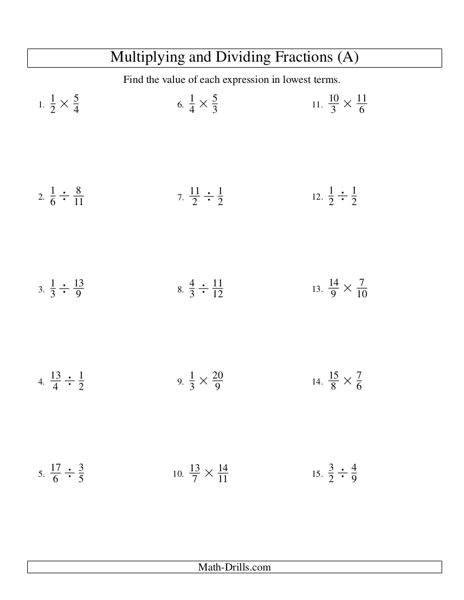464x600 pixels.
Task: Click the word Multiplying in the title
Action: (144, 57)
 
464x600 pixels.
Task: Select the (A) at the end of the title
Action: (348, 57)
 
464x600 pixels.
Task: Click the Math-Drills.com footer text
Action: (234, 567)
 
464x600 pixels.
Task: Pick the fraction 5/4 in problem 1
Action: (76, 104)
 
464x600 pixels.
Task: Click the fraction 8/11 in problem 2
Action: (78, 196)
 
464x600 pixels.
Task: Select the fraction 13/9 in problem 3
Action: (78, 289)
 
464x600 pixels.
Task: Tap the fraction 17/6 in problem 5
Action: (56, 473)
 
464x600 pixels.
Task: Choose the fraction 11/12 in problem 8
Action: (217, 289)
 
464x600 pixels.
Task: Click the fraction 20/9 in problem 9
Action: (217, 381)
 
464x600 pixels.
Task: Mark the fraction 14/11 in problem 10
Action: (222, 473)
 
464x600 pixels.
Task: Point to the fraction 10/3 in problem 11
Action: (334, 104)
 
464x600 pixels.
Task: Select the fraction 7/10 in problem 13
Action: (362, 289)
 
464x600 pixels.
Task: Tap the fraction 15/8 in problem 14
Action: (334, 381)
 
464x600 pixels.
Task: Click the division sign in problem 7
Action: (208, 196)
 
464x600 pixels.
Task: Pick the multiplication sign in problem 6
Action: (203, 104)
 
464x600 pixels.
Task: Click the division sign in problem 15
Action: (342, 473)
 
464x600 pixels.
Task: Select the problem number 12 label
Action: (318, 197)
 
